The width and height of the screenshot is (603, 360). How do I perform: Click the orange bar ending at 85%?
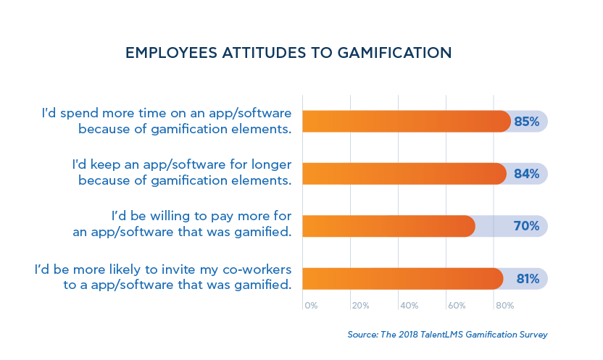tap(406, 122)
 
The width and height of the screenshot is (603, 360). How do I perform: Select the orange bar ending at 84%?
tap(404, 174)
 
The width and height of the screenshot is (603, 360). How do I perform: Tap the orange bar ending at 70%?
tap(388, 226)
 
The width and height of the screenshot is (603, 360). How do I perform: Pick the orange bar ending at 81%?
tap(402, 279)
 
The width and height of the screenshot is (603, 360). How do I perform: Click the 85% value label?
tap(527, 122)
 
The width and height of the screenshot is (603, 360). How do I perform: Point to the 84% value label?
tap(527, 174)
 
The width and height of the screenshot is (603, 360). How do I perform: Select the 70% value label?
tap(527, 226)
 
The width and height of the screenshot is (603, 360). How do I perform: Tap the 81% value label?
tap(527, 279)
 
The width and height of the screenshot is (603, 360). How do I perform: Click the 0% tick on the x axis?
tap(311, 306)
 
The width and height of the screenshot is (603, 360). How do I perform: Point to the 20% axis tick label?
tap(360, 306)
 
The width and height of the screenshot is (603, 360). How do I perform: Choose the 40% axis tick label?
tap(409, 306)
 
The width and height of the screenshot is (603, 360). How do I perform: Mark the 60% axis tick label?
tap(457, 306)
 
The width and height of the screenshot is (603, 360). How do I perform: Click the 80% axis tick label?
tap(504, 306)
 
